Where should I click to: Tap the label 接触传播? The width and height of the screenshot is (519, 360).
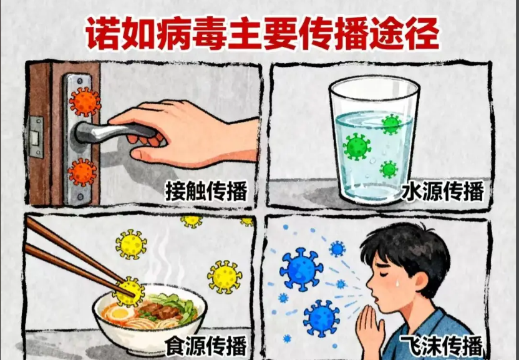pos(206,192)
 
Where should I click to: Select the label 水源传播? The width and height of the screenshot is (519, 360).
pos(443,192)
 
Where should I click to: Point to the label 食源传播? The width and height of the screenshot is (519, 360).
pos(206,346)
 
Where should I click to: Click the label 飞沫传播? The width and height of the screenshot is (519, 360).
pos(442,346)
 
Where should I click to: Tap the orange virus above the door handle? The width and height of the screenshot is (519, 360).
pos(85,102)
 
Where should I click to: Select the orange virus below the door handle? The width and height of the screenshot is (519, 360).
pos(82,172)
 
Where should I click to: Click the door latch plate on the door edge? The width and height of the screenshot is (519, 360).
pos(36,137)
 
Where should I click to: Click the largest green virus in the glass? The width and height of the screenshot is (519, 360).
pos(357,147)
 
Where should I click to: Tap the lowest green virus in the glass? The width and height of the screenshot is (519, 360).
pos(389,169)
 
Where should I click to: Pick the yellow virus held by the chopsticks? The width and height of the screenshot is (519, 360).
pos(129,292)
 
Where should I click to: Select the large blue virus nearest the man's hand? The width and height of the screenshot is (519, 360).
pos(321,318)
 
